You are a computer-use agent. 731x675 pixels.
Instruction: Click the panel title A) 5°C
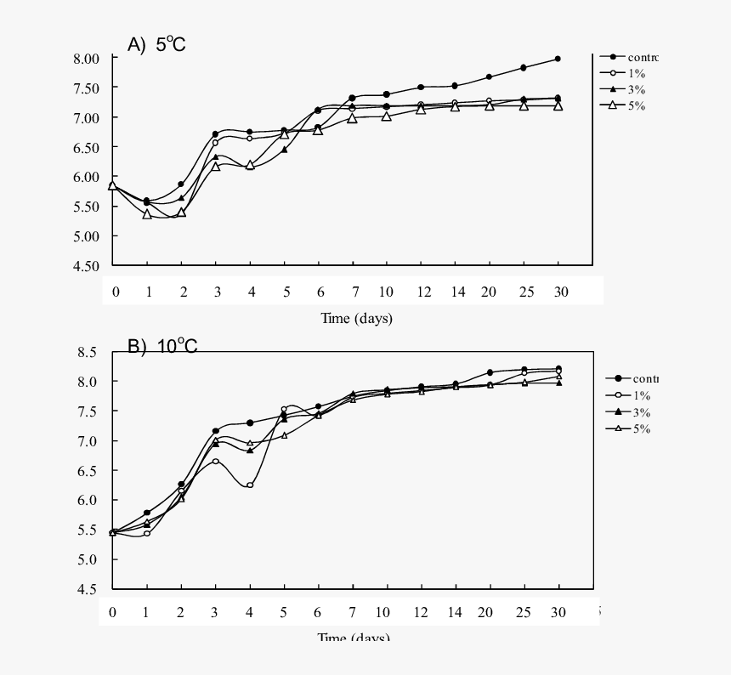tap(156, 45)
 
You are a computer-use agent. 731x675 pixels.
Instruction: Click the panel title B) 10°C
tap(161, 346)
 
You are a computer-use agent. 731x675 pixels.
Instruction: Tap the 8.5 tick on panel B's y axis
tap(88, 351)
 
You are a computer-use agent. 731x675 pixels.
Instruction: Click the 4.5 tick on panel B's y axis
tap(88, 589)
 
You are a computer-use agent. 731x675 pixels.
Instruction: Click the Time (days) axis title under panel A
tap(356, 319)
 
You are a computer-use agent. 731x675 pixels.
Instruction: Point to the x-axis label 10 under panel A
tap(386, 292)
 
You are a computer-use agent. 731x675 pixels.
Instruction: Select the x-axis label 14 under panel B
tap(456, 612)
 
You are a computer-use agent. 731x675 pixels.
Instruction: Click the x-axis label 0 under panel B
tap(111, 612)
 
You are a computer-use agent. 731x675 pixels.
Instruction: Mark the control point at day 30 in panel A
tap(558, 59)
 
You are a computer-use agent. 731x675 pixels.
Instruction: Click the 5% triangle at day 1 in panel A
tap(147, 214)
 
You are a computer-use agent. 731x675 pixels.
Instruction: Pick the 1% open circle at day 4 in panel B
tap(250, 485)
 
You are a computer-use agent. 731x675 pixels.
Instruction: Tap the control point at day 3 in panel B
tap(216, 431)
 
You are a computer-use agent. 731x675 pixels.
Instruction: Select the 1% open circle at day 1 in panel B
tap(147, 533)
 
